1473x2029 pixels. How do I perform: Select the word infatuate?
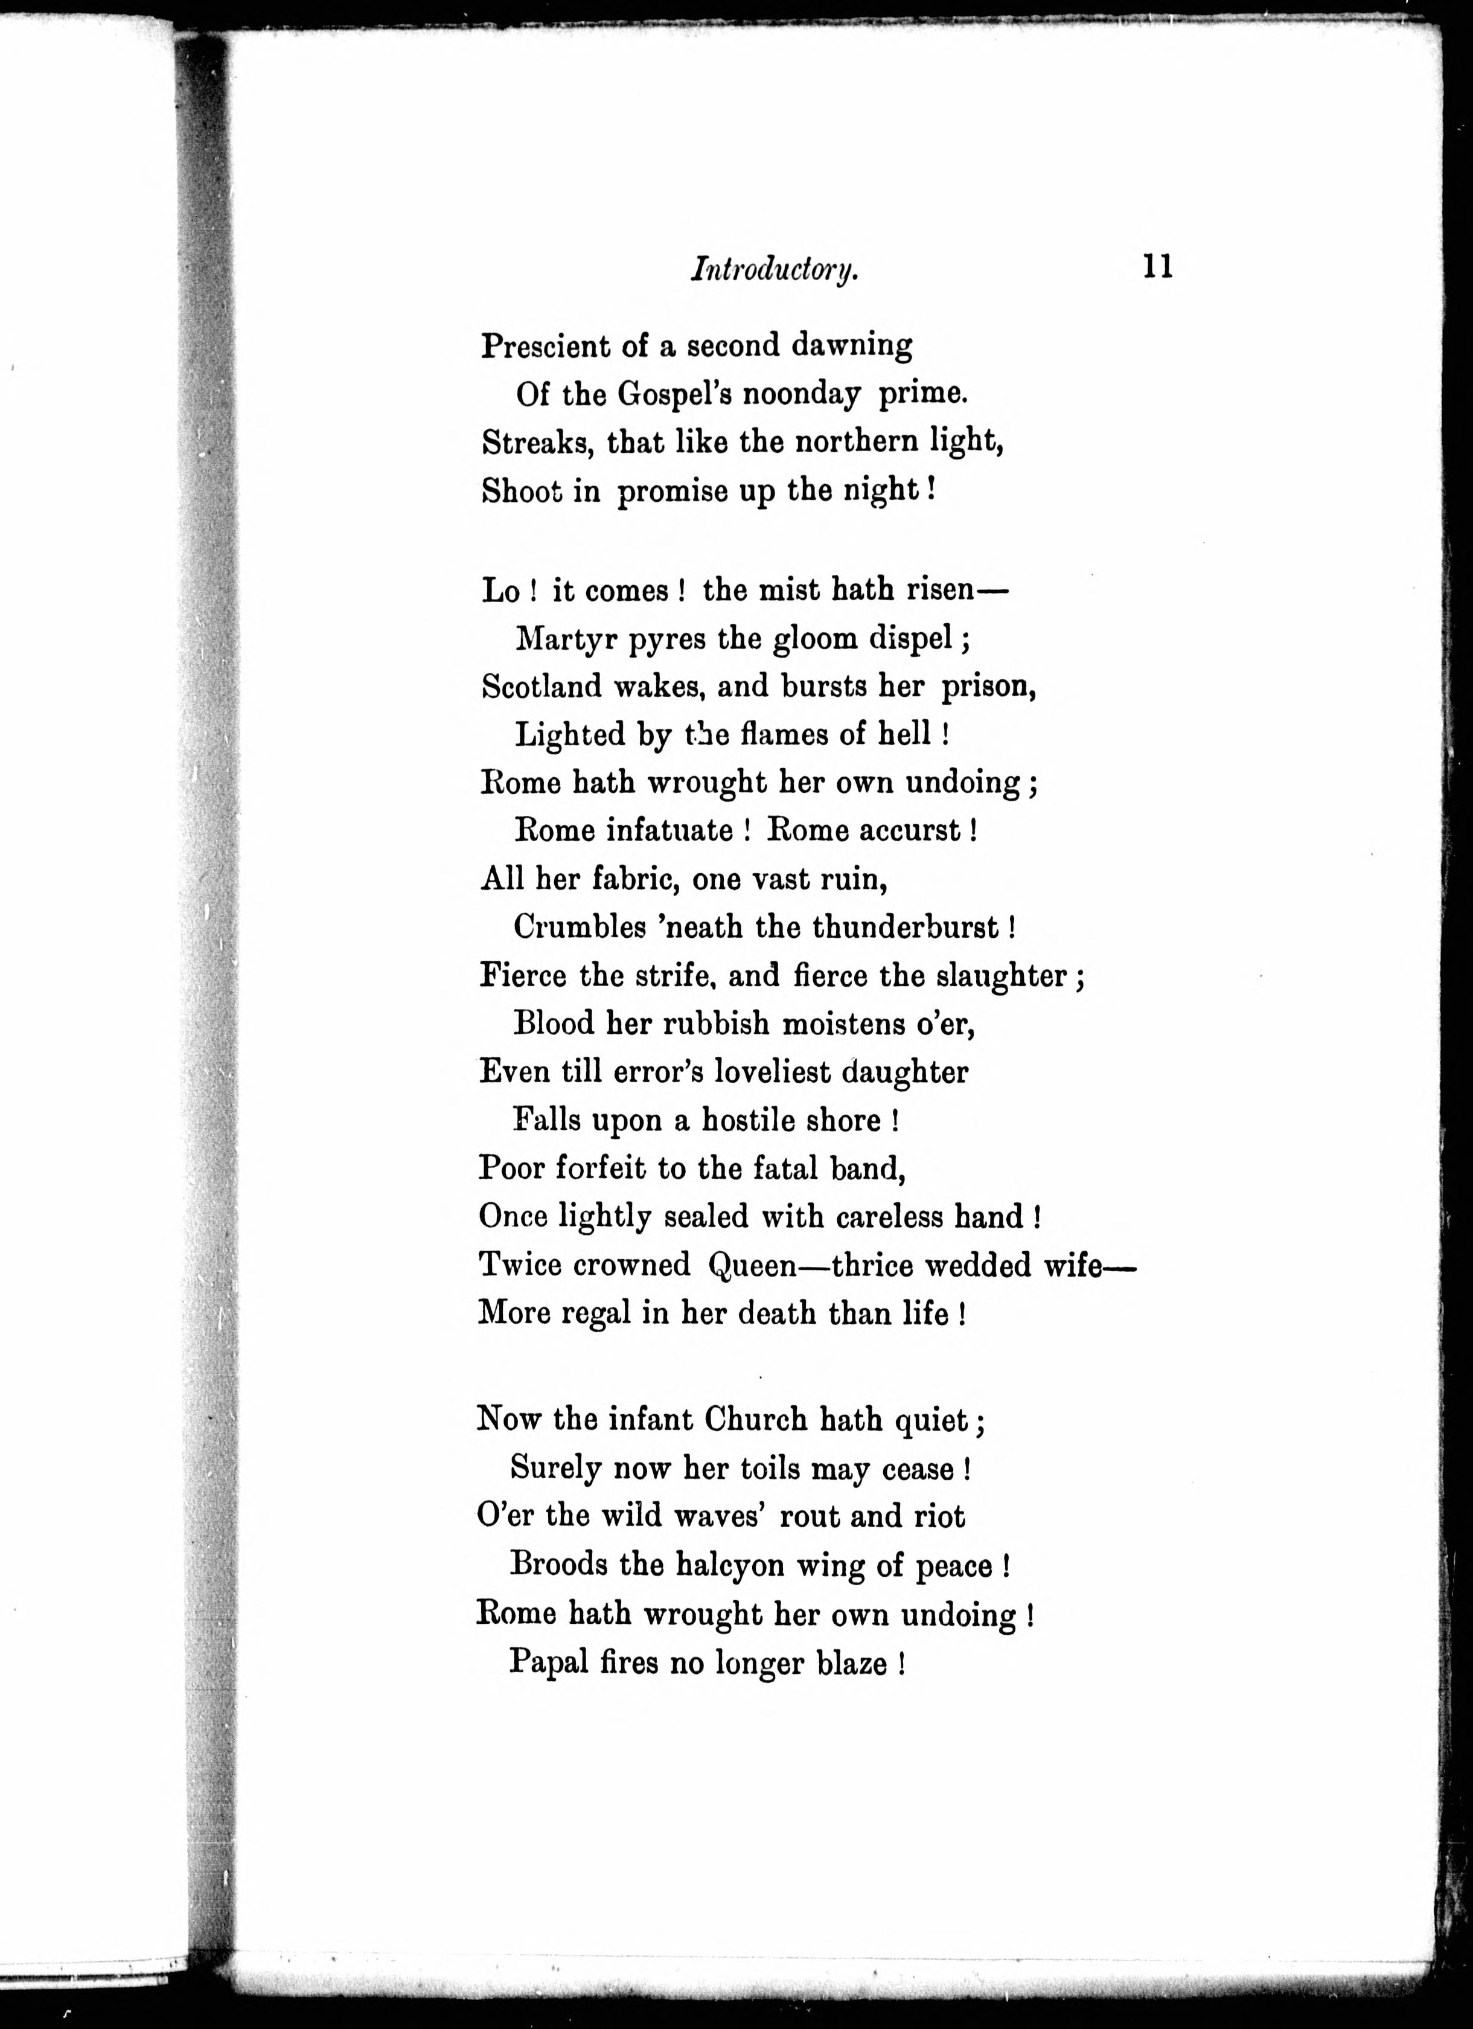tap(669, 830)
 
